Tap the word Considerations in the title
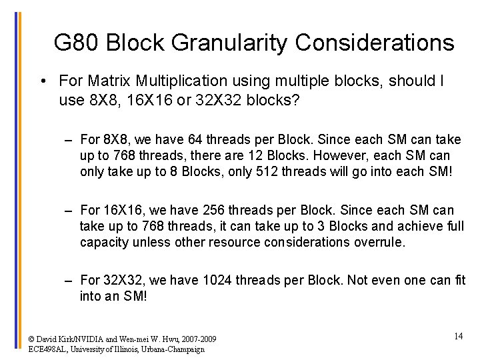click(x=374, y=43)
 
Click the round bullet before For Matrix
click(x=42, y=82)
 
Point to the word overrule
click(x=379, y=242)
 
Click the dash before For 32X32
click(x=69, y=281)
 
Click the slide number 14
click(x=458, y=337)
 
